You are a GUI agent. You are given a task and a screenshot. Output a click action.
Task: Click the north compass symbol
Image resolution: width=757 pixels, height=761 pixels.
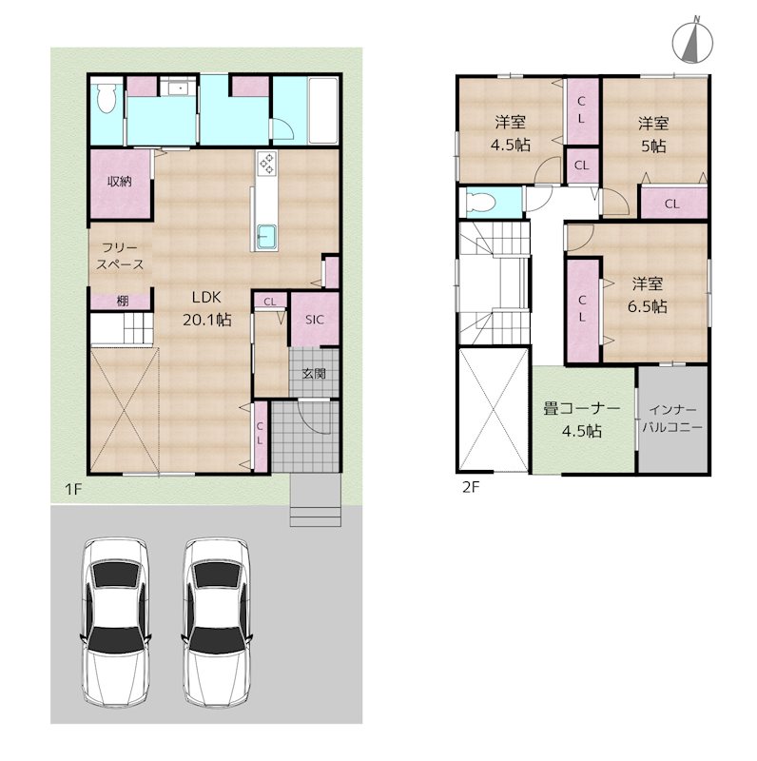pyautogui.click(x=692, y=44)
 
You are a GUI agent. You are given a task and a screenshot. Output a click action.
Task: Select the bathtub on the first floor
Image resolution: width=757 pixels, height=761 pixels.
pyautogui.click(x=323, y=110)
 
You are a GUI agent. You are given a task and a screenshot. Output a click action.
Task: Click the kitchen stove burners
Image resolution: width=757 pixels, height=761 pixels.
pyautogui.click(x=267, y=163)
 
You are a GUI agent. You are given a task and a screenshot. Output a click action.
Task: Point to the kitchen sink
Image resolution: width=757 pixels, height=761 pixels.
pyautogui.click(x=266, y=238)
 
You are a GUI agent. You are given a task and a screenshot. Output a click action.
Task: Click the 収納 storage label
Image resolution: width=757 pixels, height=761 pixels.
pyautogui.click(x=120, y=182)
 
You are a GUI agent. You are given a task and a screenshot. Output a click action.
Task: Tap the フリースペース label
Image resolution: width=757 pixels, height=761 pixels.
pyautogui.click(x=120, y=256)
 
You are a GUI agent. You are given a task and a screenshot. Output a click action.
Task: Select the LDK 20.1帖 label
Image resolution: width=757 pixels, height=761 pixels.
pyautogui.click(x=206, y=308)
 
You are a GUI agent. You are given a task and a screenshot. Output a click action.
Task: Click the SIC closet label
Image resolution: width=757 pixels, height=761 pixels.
pyautogui.click(x=315, y=320)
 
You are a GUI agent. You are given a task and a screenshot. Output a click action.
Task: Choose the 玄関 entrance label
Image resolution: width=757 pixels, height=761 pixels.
pyautogui.click(x=314, y=373)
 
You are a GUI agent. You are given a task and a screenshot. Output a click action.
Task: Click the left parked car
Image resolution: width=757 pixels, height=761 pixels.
pyautogui.click(x=115, y=622)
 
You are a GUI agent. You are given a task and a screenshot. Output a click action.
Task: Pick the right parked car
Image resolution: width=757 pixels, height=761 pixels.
pyautogui.click(x=217, y=622)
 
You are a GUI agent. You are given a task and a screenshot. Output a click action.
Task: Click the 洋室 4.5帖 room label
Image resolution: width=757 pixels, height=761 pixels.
pyautogui.click(x=511, y=133)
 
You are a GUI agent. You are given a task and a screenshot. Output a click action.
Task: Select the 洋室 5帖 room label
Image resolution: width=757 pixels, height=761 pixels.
pyautogui.click(x=653, y=134)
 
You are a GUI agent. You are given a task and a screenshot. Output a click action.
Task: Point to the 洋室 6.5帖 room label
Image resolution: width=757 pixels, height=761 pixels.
pyautogui.click(x=648, y=295)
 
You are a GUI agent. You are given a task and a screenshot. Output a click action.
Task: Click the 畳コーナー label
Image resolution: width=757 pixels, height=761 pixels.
pyautogui.click(x=582, y=409)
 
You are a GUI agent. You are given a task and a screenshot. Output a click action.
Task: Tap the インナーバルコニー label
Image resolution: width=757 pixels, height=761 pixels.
pyautogui.click(x=672, y=419)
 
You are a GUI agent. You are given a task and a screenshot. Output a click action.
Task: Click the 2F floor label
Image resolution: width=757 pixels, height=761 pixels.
pyautogui.click(x=471, y=487)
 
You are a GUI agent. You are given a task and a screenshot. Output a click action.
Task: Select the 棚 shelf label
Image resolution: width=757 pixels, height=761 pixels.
pyautogui.click(x=123, y=301)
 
